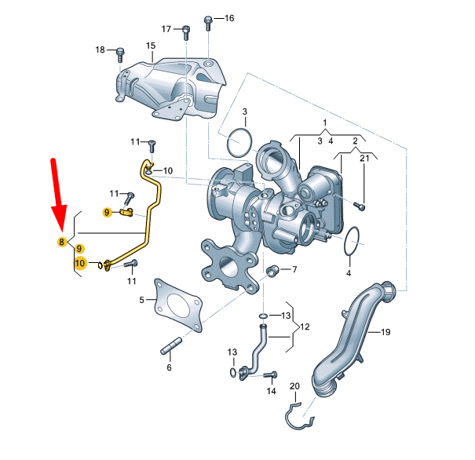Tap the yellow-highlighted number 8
coord(62,242)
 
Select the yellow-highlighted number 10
coord(80,262)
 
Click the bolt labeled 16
coord(208,24)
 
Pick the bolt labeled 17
coord(186,33)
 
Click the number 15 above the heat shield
coord(151,46)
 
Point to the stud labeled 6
coord(171,346)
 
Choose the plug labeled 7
coord(272,269)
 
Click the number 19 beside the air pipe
coord(385,332)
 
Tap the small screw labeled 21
coord(360,206)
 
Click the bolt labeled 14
coord(270,375)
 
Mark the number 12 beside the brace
coord(305,327)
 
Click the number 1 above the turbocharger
coord(325,123)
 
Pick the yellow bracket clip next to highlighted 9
coord(126,212)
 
